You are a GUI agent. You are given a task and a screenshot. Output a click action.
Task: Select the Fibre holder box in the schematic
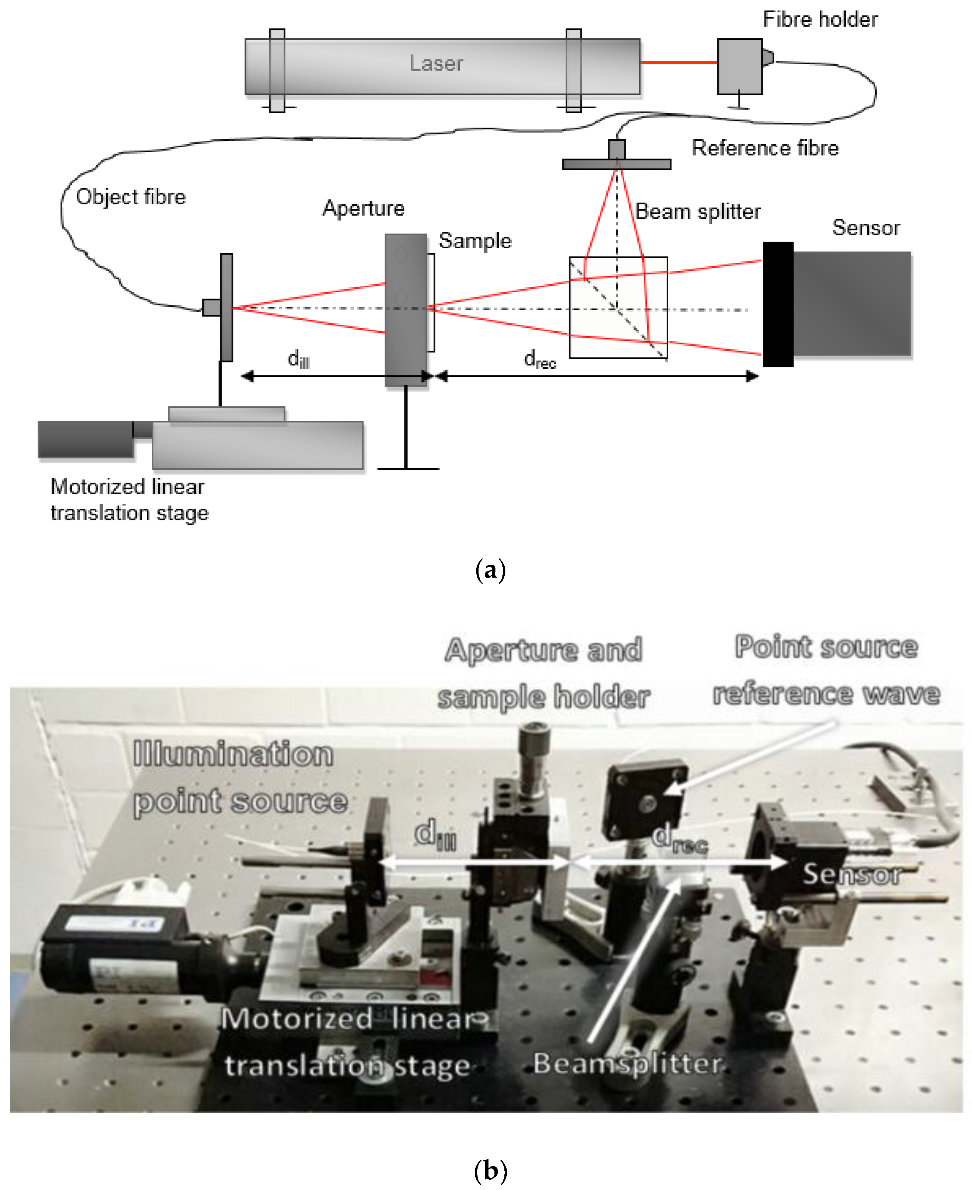[x=739, y=66]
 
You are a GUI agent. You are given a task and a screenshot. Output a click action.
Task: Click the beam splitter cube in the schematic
[x=618, y=307]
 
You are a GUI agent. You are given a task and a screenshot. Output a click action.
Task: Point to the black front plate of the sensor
[x=778, y=304]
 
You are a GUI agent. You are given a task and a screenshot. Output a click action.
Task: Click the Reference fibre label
[x=765, y=148]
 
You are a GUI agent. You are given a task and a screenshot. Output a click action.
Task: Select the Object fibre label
[x=130, y=197]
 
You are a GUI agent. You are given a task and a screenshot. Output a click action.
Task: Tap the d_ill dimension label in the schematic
[x=298, y=359]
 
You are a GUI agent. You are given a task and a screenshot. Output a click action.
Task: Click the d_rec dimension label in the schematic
[x=539, y=359]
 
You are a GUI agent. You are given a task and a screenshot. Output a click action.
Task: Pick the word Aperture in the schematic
[x=363, y=208]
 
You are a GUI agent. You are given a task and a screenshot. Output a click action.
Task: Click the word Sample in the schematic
[x=475, y=241]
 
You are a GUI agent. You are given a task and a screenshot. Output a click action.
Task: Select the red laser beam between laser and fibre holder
[x=679, y=63]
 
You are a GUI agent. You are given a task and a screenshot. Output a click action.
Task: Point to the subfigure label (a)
[x=490, y=570]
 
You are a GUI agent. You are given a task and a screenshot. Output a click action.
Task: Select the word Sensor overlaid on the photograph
[x=852, y=874]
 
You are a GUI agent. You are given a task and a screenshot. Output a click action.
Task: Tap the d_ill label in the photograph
[x=435, y=834]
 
